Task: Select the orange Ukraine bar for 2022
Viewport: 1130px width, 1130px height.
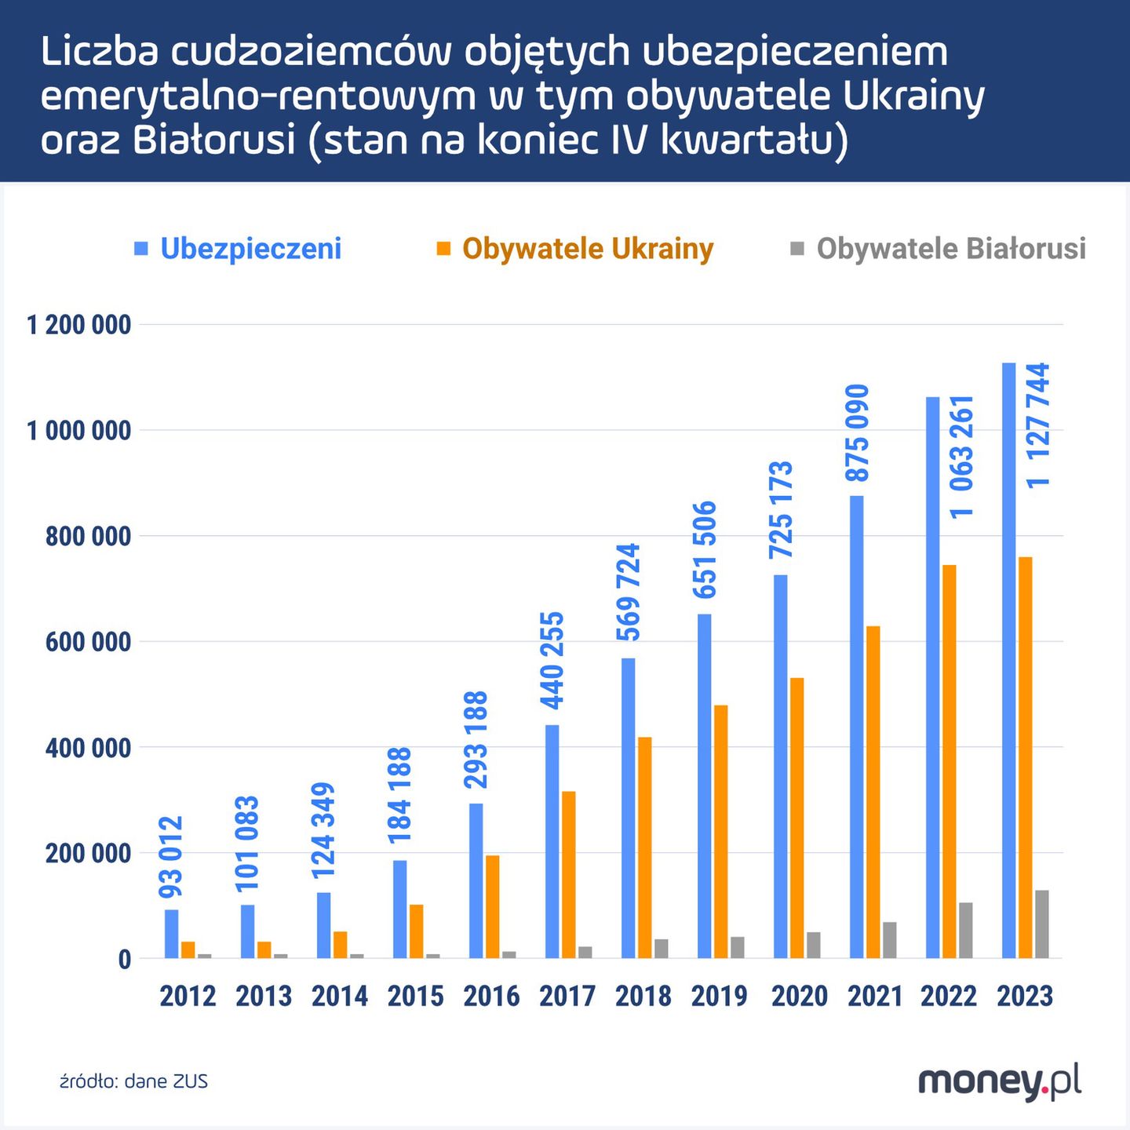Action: tap(949, 761)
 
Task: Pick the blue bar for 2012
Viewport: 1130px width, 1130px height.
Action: tap(171, 934)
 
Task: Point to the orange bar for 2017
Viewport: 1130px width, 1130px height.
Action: tap(568, 874)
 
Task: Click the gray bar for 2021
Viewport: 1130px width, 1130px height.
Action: tap(889, 939)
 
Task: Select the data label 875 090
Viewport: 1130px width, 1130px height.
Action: tap(857, 432)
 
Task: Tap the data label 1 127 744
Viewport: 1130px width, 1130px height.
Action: tap(1038, 425)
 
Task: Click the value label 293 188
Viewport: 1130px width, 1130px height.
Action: tap(476, 739)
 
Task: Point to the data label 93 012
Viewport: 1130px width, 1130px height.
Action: tap(171, 857)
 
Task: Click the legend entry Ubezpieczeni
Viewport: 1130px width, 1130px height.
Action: tap(250, 249)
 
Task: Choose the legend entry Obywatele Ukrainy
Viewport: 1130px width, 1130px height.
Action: tap(587, 249)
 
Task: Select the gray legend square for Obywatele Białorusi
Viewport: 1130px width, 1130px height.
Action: tap(796, 249)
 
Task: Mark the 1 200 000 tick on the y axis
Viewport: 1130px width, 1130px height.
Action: tap(79, 324)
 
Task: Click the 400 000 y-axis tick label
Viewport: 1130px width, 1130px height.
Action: tap(88, 747)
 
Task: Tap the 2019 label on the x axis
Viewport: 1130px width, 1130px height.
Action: tap(720, 996)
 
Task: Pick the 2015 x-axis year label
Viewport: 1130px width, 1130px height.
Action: tap(415, 996)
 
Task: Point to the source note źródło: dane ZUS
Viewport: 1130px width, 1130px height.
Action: tap(134, 1081)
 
